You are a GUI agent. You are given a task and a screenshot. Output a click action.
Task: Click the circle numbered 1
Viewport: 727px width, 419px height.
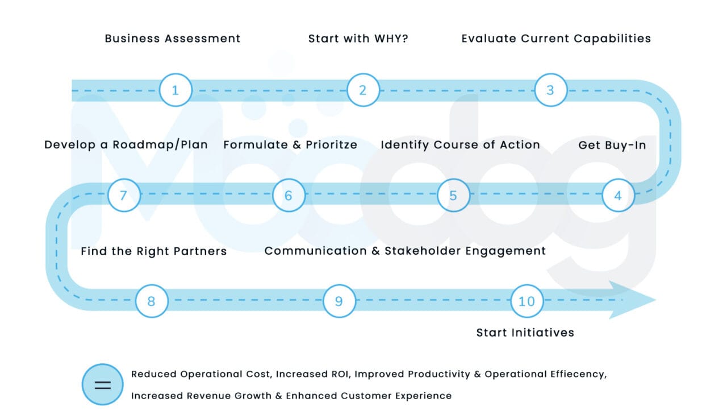tap(176, 90)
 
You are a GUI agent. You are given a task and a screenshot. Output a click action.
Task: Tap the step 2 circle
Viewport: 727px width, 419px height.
tap(363, 90)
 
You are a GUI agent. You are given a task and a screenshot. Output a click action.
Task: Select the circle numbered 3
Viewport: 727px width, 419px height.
tap(550, 90)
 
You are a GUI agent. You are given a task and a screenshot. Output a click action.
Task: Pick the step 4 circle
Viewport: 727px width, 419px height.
tap(618, 196)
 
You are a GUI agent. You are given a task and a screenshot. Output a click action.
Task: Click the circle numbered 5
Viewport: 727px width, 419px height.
tap(453, 196)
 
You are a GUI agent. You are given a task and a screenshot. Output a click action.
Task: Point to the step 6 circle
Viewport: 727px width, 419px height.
tap(289, 196)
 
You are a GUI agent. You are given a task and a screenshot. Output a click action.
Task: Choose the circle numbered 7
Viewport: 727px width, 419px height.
tap(124, 196)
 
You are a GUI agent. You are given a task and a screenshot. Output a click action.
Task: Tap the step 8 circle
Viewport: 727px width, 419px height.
tap(152, 301)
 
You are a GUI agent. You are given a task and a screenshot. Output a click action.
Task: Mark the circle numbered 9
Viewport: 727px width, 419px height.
tap(339, 301)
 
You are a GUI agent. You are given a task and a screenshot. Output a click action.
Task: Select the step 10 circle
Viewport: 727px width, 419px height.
tap(527, 301)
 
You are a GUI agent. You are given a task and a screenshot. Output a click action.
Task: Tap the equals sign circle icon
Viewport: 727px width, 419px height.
tap(102, 384)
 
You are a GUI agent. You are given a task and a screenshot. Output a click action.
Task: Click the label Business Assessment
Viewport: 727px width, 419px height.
tap(173, 39)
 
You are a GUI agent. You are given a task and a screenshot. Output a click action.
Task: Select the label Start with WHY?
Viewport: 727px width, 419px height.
tap(358, 39)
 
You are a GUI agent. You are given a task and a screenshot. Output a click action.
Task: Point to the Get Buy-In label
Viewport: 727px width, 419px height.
tap(612, 145)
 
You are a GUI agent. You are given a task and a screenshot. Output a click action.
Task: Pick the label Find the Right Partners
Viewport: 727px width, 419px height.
tap(153, 251)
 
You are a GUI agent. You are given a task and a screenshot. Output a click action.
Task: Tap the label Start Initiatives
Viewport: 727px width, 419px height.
tap(525, 333)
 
